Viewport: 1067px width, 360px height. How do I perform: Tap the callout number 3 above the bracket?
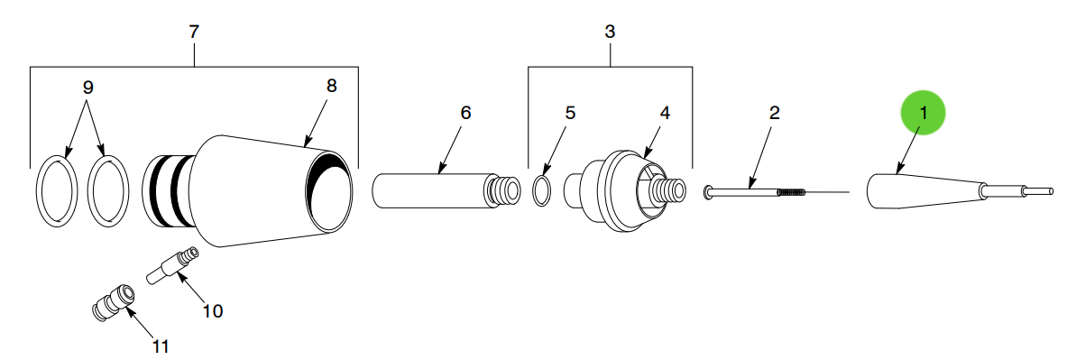(x=610, y=31)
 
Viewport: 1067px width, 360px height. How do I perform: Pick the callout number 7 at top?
(x=194, y=31)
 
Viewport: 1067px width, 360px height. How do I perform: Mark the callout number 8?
(x=331, y=85)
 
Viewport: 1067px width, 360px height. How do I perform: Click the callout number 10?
(x=213, y=311)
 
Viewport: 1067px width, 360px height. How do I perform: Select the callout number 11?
(x=160, y=346)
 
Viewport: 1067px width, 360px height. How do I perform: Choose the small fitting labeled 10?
(x=171, y=265)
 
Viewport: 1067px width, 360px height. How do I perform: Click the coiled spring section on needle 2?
(x=790, y=191)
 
